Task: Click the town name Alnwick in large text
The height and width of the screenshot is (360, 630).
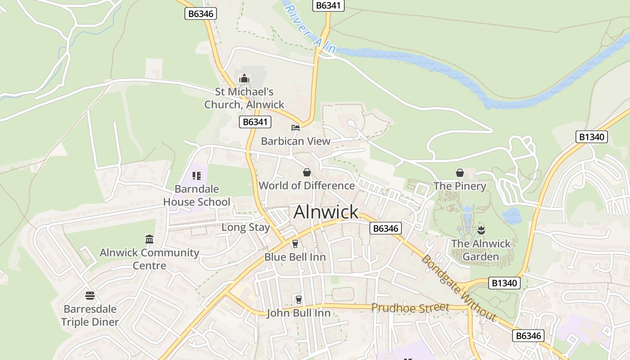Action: click(326, 212)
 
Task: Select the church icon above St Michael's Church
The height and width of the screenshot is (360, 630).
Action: click(244, 79)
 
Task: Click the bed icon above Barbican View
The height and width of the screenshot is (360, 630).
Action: click(296, 128)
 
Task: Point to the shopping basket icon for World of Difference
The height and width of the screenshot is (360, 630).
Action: click(307, 172)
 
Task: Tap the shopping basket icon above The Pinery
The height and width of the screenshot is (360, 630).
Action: click(460, 173)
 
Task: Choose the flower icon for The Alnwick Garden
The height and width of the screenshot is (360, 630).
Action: click(481, 230)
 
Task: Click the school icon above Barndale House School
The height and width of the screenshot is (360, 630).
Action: click(196, 175)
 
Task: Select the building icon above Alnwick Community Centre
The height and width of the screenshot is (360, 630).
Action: click(149, 239)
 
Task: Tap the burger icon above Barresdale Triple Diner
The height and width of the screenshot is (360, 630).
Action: click(90, 296)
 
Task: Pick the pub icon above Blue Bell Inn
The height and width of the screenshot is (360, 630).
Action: click(295, 244)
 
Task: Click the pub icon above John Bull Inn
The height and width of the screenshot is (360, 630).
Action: click(298, 299)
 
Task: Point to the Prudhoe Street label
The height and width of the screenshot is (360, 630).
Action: click(410, 308)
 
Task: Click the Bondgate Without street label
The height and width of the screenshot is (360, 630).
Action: click(459, 288)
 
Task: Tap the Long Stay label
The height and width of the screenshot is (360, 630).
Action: click(245, 227)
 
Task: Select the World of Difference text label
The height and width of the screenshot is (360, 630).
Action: click(306, 185)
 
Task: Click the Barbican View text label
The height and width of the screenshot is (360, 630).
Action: click(296, 141)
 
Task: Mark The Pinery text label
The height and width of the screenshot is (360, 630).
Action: click(459, 186)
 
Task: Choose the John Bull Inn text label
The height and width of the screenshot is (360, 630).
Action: click(298, 313)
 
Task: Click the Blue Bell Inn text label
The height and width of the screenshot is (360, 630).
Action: click(295, 257)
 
